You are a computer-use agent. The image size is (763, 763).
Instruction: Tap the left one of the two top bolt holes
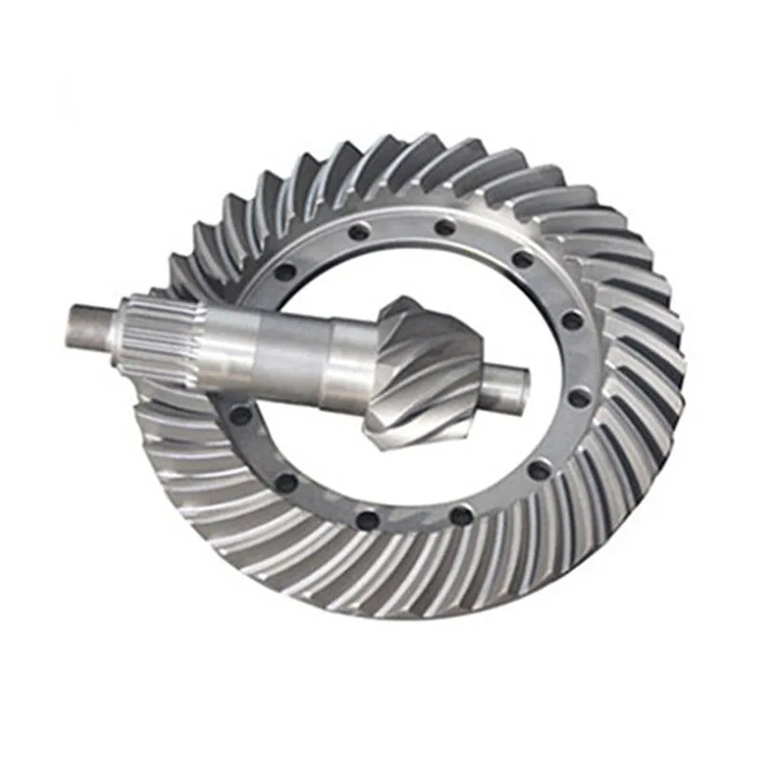tap(359, 232)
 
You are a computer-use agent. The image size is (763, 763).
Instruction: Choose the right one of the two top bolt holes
tap(444, 227)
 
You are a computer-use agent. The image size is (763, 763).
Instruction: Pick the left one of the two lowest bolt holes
tap(367, 520)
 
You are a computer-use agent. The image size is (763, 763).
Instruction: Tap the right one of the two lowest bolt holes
tap(462, 515)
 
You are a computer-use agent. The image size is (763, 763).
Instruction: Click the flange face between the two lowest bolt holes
tap(415, 522)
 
